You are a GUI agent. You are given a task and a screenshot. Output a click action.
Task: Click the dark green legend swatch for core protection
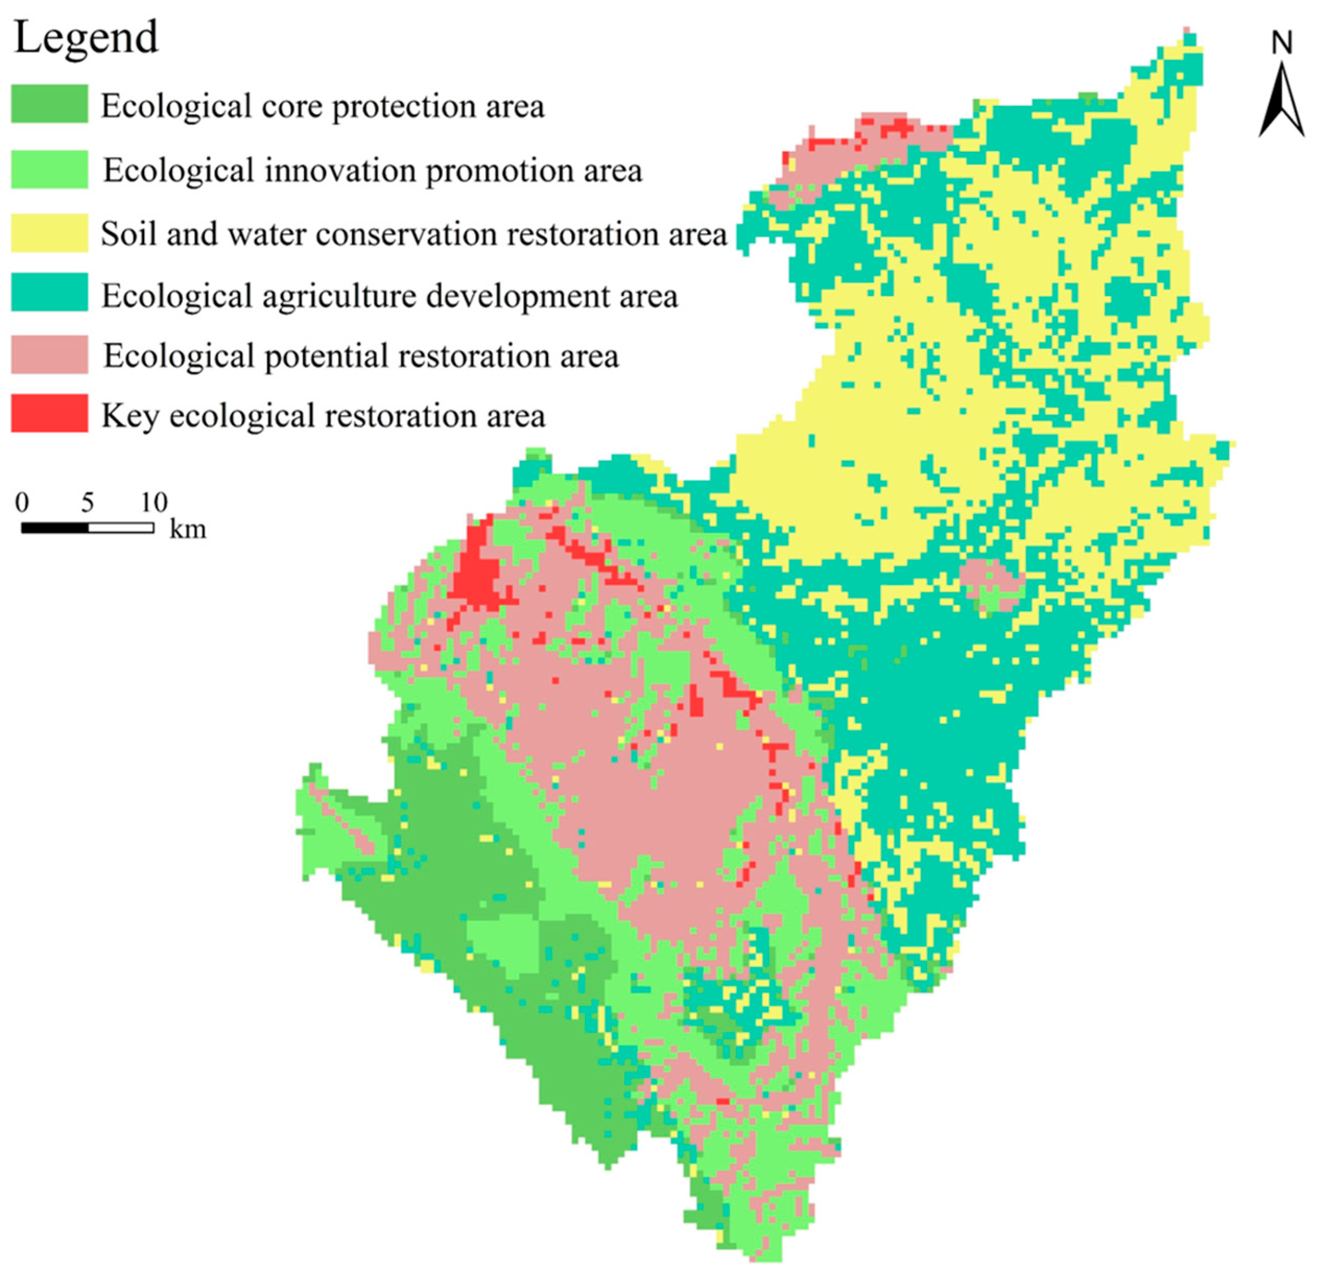49,104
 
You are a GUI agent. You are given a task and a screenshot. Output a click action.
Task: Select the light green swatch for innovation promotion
49,169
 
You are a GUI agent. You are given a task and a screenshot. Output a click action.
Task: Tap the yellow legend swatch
49,233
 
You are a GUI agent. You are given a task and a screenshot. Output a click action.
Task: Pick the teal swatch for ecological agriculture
49,292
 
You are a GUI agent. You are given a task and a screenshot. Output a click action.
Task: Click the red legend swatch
49,413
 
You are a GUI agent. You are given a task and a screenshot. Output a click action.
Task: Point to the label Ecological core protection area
323,106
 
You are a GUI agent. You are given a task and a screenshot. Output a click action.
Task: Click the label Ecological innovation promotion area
372,171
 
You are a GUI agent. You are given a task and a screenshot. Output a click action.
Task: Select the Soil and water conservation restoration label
414,234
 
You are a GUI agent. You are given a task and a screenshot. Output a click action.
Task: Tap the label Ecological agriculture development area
389,296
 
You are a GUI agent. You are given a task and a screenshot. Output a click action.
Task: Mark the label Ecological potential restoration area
361,356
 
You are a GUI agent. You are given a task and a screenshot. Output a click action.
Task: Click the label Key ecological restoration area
323,415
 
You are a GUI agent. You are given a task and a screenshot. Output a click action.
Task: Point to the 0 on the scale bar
22,503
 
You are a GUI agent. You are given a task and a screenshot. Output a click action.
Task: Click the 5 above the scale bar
88,503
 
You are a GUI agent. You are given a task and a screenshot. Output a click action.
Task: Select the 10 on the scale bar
154,503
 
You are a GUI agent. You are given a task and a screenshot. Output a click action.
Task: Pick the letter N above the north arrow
1282,44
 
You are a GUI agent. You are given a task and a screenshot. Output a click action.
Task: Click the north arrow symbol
1282,101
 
